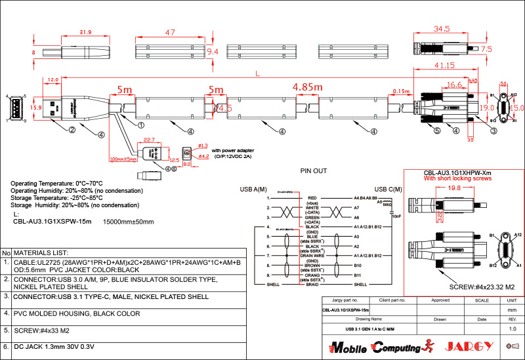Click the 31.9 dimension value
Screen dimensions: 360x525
[x=85, y=32]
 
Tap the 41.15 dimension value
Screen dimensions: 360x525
[x=444, y=66]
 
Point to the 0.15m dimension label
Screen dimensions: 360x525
[x=400, y=91]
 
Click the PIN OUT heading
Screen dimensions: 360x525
[x=313, y=170]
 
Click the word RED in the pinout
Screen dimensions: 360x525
[x=312, y=197]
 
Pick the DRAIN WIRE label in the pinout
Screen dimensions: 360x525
[x=312, y=255]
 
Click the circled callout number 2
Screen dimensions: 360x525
[x=72, y=130]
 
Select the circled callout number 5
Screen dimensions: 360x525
[x=436, y=130]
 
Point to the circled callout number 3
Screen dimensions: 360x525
[x=493, y=130]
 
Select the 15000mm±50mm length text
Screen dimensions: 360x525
[x=129, y=222]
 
